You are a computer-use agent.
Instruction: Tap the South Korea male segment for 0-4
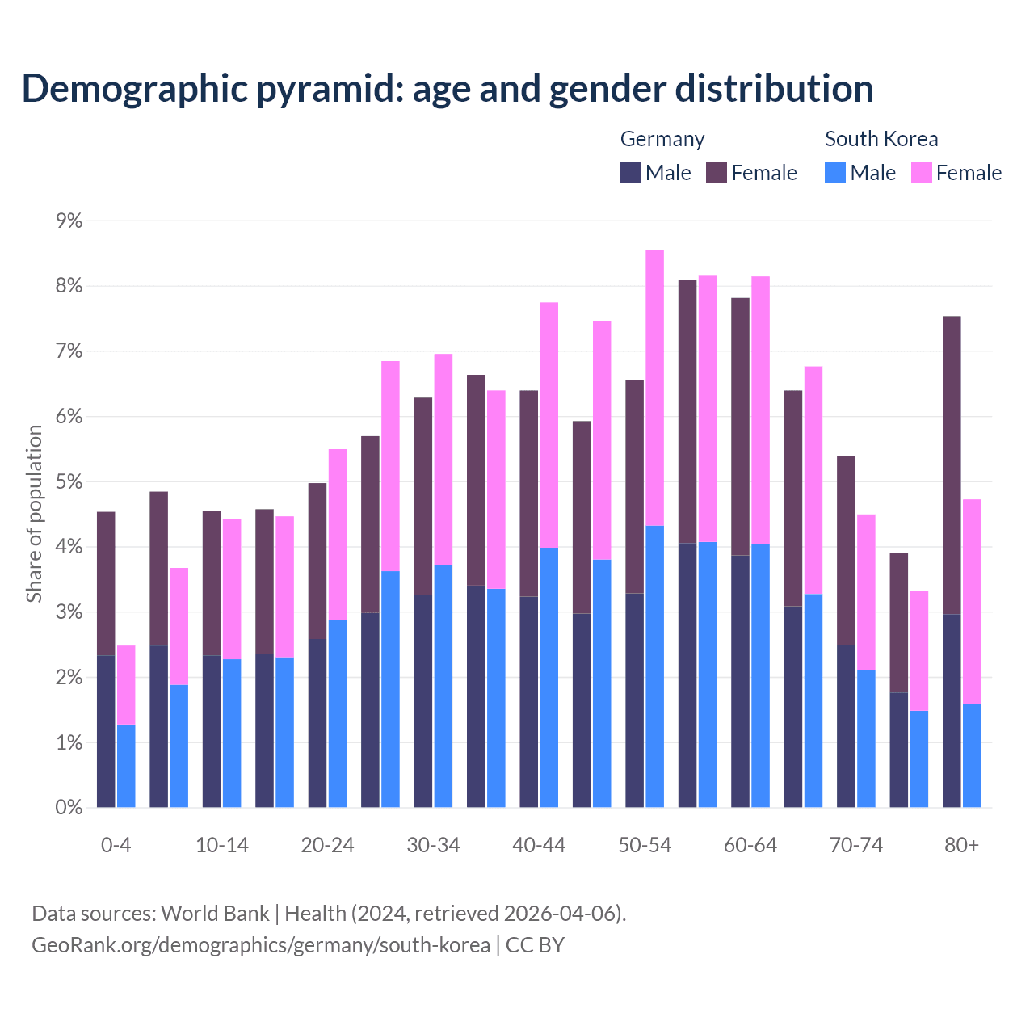pos(126,766)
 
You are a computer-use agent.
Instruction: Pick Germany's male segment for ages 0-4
pos(106,731)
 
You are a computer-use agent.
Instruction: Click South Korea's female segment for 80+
pos(972,601)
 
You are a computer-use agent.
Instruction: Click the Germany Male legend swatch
pos(631,173)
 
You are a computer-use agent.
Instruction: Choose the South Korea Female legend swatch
pos(921,173)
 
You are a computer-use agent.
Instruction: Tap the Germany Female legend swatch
pos(717,173)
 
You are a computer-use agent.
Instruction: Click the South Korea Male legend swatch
pos(835,173)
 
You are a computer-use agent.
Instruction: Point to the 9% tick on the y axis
pos(69,221)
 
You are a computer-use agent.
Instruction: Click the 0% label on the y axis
pos(69,808)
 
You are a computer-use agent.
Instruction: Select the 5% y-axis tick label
pos(69,482)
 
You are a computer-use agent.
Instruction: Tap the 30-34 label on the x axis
pos(433,846)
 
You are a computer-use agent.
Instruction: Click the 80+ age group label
pos(961,846)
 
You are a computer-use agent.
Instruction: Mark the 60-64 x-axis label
pos(750,846)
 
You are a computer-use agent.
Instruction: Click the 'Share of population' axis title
pos(35,514)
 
